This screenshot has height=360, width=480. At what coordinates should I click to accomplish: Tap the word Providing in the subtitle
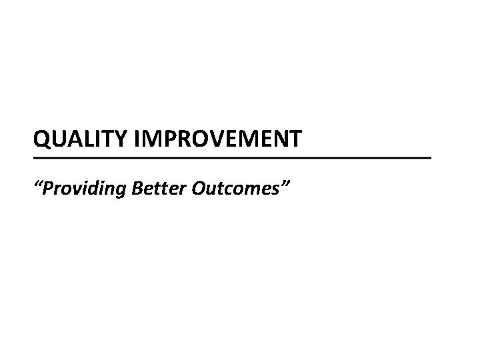(83, 189)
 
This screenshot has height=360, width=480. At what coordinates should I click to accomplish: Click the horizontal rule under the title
(233, 158)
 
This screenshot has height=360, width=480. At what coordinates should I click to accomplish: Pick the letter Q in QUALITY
(42, 141)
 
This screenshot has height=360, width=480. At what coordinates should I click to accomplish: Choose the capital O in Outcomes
(199, 189)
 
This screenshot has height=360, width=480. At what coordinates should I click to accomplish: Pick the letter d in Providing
(96, 189)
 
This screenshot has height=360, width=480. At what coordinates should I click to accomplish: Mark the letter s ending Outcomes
(275, 190)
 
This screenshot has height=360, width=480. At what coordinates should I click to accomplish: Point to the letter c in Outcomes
(228, 190)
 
